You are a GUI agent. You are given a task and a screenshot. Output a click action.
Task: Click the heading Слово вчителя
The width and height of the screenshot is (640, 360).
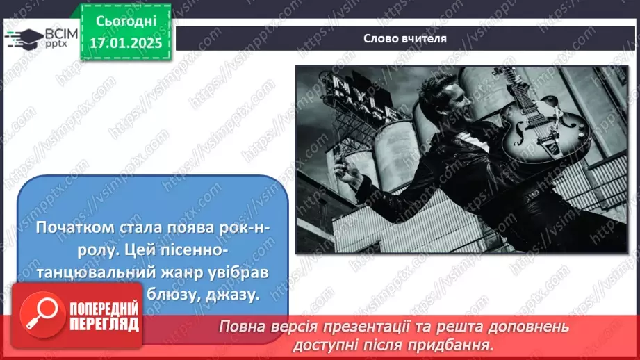405,38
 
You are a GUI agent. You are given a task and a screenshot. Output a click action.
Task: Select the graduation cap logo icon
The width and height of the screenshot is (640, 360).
23,38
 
